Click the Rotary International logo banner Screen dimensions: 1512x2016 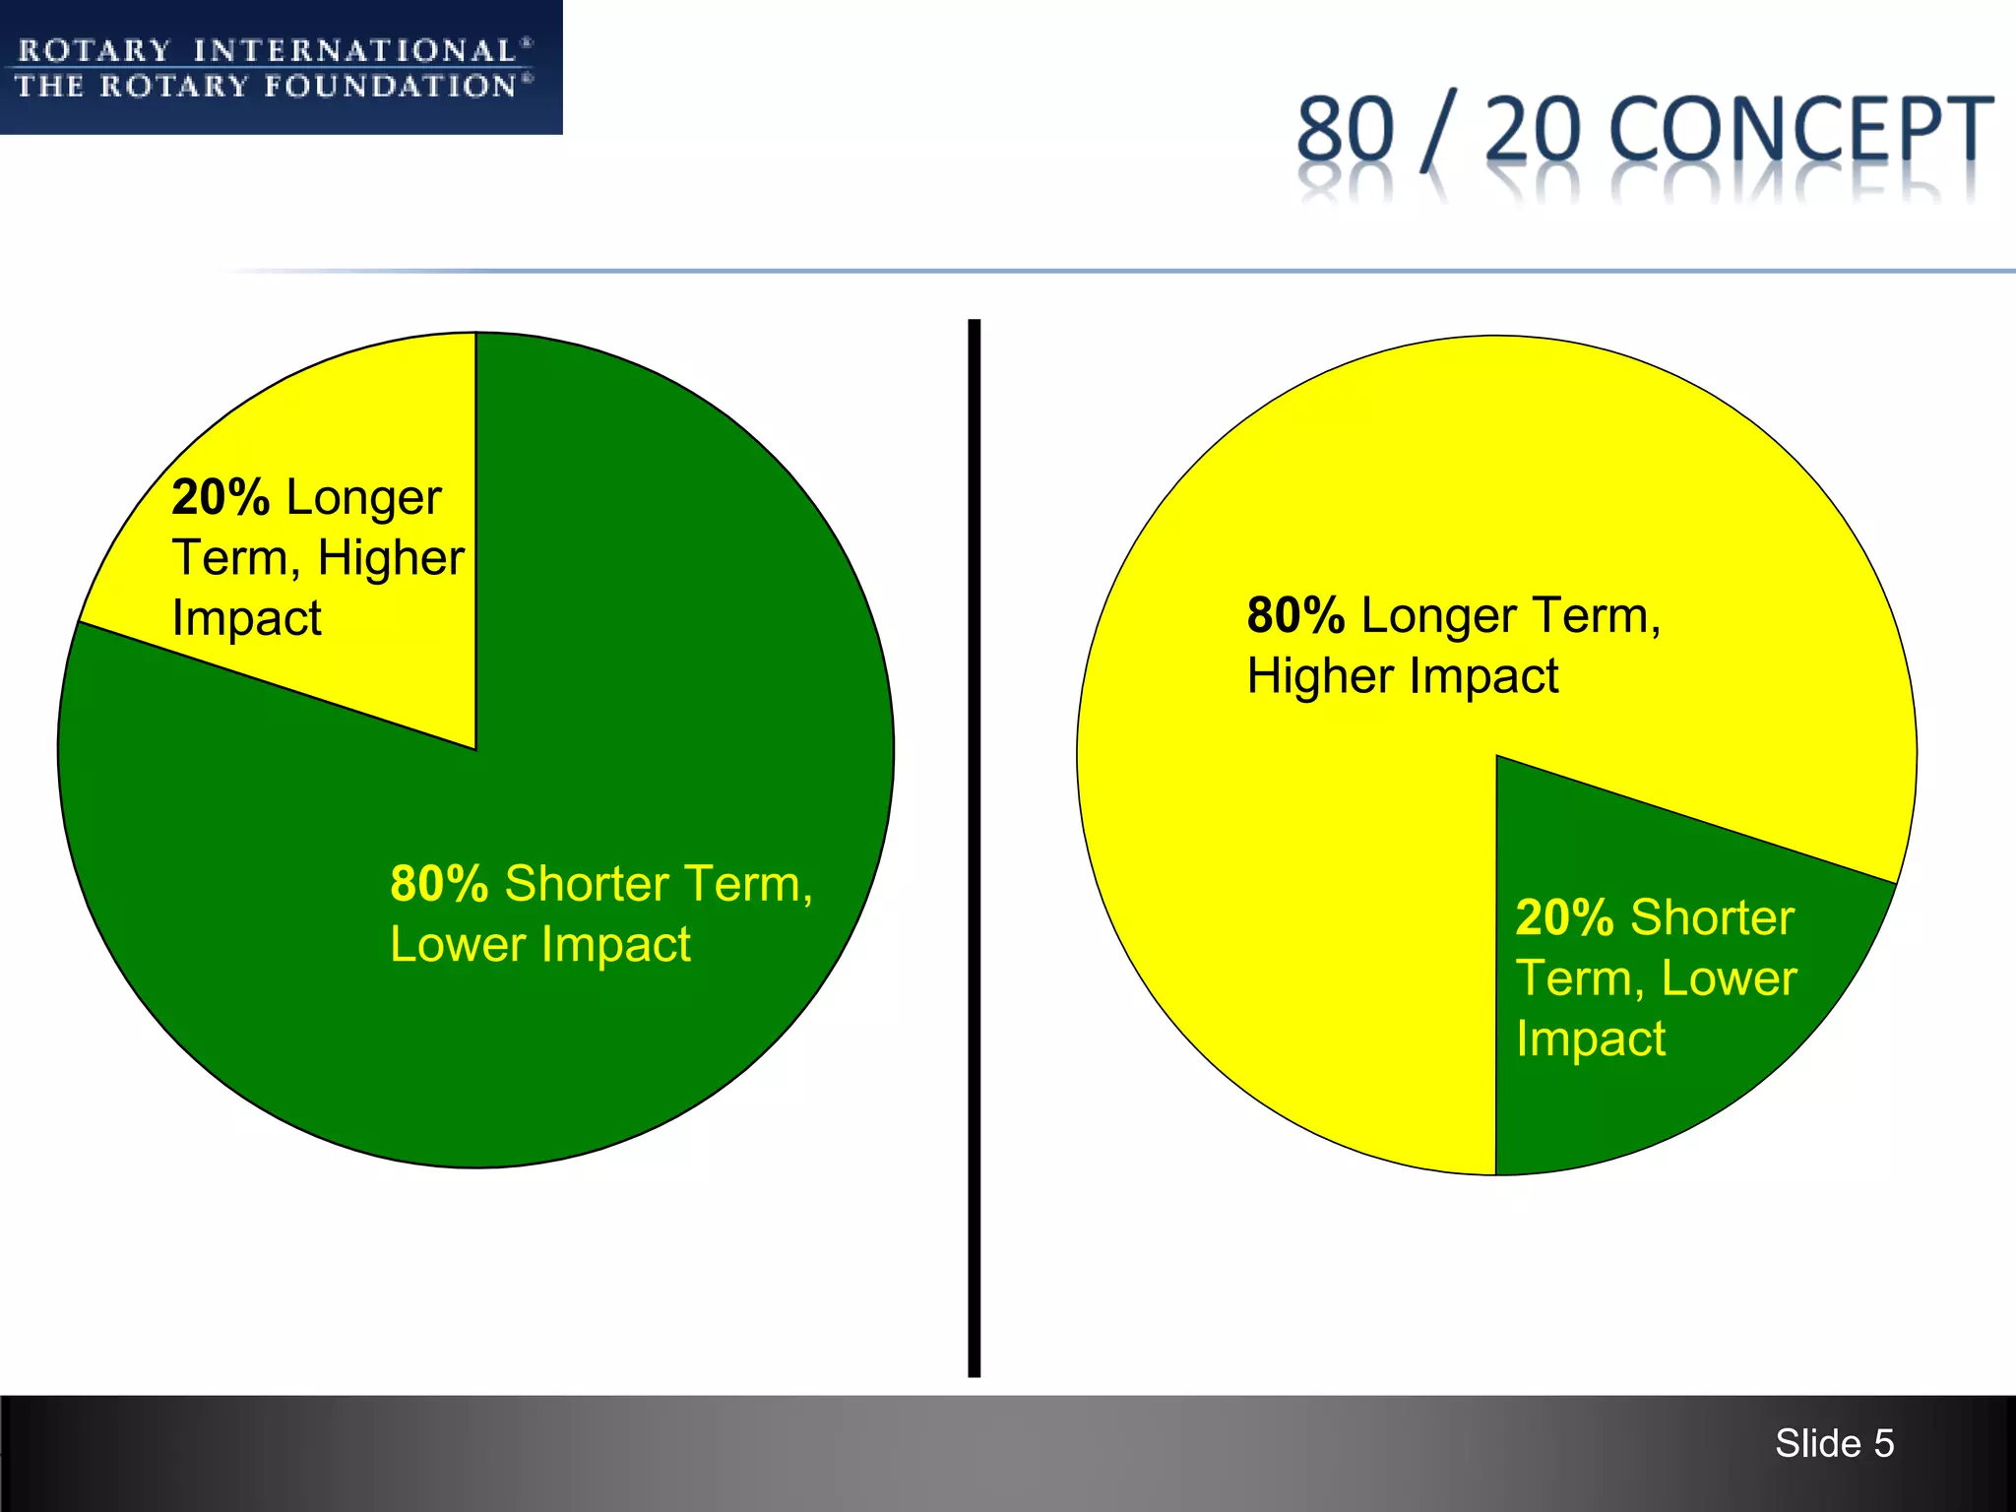[x=281, y=67]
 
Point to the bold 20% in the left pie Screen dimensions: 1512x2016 [x=220, y=497]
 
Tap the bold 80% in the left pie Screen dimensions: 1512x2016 [x=439, y=883]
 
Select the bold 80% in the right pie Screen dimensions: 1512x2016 [x=1295, y=615]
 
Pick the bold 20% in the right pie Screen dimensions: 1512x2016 [x=1564, y=917]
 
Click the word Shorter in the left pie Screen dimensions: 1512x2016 [x=588, y=883]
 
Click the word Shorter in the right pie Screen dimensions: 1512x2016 [x=1713, y=917]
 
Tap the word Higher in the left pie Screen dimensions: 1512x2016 [x=391, y=558]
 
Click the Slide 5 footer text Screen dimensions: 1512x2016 [x=1834, y=1443]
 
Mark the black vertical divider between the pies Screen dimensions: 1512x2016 [x=974, y=847]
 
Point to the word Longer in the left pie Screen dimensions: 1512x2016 [x=363, y=498]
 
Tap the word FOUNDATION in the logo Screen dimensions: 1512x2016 [x=391, y=87]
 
